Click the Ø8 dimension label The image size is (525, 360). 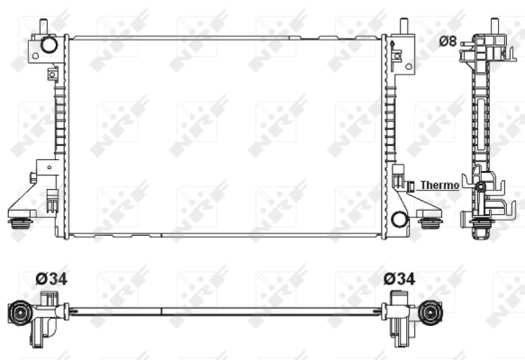click(x=447, y=40)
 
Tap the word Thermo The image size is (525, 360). click(x=439, y=185)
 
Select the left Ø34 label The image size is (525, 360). click(x=50, y=279)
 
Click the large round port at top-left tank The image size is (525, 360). click(x=49, y=43)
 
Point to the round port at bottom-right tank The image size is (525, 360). click(x=400, y=217)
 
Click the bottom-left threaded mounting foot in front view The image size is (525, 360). click(x=17, y=222)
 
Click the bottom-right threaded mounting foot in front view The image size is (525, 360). click(x=430, y=222)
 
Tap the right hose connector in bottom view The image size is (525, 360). click(x=432, y=314)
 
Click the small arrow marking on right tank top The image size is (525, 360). click(x=396, y=56)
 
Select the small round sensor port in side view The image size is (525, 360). click(x=481, y=187)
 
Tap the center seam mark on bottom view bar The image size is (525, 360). click(x=162, y=312)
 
